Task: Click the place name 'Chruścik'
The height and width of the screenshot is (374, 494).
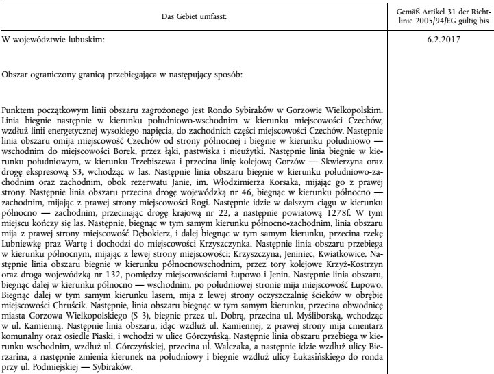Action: click(62, 299)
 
